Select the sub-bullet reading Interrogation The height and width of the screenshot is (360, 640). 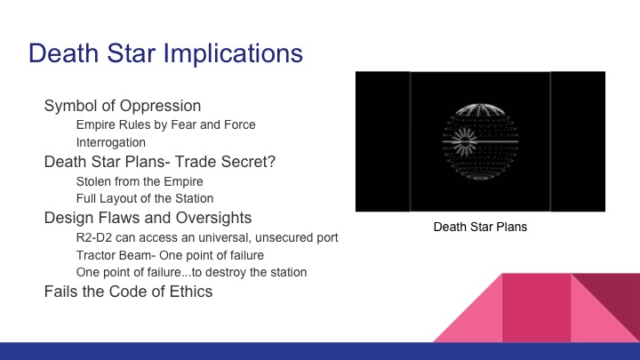tap(111, 142)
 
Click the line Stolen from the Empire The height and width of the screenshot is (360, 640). tap(140, 180)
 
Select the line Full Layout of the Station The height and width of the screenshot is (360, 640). tap(145, 198)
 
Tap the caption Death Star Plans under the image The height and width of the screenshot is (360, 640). tap(480, 227)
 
